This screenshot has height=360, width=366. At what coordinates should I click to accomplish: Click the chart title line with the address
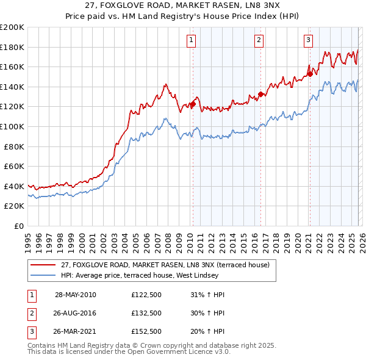coord(183,6)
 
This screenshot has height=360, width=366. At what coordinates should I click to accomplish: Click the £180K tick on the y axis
coord(12,47)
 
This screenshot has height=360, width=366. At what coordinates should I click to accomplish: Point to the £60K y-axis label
coord(14,166)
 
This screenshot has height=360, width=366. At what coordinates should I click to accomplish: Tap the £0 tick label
coord(19,226)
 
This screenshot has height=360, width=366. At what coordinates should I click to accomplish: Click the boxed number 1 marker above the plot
coord(192,40)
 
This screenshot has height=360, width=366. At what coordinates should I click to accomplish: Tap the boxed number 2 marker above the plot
coord(259,40)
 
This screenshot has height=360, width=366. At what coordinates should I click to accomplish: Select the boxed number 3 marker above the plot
coord(308,40)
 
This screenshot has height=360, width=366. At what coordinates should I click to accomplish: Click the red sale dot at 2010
coord(193,104)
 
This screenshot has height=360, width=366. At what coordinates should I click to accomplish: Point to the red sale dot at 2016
coord(260,94)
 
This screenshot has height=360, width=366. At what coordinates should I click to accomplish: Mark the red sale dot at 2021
coord(310,74)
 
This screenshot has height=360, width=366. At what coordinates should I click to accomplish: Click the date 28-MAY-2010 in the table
coord(75,295)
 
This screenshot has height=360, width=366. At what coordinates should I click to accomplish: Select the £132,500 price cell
coord(146,312)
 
